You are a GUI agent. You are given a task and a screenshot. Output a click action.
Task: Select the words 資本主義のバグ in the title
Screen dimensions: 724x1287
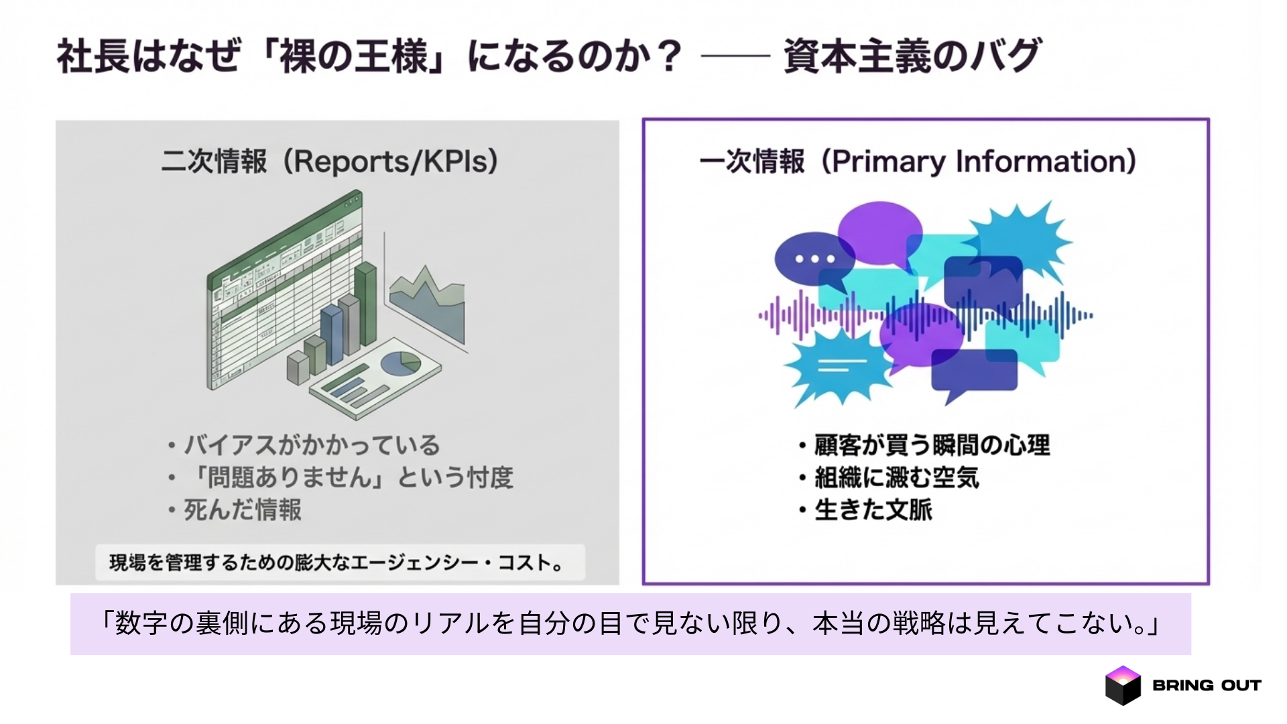(x=912, y=56)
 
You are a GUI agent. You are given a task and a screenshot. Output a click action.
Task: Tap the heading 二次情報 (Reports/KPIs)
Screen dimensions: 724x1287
(x=330, y=162)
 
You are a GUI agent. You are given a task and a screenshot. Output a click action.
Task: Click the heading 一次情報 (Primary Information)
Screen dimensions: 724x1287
(x=918, y=162)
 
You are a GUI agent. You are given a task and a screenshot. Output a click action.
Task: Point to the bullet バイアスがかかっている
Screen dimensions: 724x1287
(x=312, y=445)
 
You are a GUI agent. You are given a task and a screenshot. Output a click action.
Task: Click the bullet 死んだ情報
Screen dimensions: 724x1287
(x=242, y=510)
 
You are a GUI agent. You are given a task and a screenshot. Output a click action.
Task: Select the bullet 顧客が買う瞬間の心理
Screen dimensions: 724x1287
(x=932, y=445)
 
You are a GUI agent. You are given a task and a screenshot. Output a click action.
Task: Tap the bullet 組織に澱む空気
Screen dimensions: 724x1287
(x=896, y=478)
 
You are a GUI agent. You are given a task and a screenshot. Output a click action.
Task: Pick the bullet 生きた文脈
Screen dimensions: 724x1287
(x=873, y=510)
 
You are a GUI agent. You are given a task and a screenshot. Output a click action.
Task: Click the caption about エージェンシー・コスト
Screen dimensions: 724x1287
(x=339, y=562)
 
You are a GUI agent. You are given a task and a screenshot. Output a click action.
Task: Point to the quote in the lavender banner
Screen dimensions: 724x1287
(x=630, y=624)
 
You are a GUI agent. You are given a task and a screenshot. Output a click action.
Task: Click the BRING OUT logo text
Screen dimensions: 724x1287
(x=1207, y=685)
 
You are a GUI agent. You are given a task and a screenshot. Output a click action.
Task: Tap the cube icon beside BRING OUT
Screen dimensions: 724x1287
(x=1123, y=685)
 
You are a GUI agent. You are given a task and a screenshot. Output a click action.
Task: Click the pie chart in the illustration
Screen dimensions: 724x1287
(x=400, y=363)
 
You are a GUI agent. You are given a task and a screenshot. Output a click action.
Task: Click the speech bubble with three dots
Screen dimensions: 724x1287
(x=814, y=258)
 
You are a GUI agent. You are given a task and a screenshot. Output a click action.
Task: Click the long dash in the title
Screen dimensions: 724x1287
(x=734, y=56)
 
